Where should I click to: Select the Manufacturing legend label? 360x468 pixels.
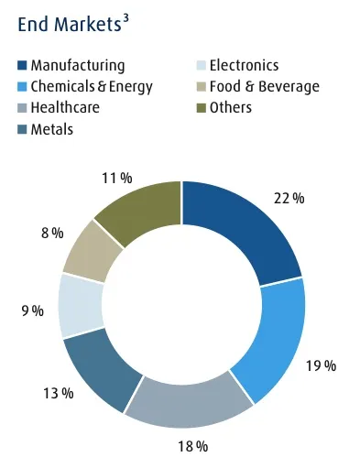78,66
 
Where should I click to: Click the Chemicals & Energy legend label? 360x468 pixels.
92,87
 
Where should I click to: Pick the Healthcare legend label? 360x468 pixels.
66,108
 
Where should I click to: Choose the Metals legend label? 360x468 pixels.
52,129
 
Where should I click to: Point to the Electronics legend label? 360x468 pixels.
244,66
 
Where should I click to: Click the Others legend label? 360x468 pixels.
230,108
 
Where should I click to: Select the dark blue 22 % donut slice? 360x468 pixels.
244,230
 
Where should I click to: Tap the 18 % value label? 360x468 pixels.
194,446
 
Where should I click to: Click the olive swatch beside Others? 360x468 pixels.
202,108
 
